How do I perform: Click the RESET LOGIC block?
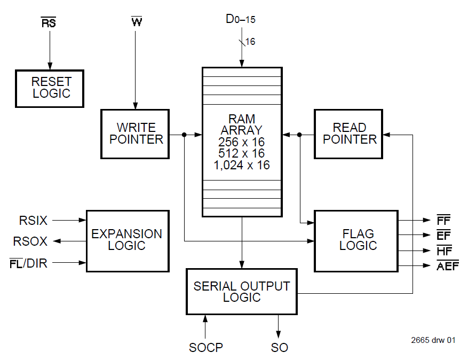(49, 88)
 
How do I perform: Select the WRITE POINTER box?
(135, 134)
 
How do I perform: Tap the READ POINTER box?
(348, 134)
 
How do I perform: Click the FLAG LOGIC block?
(356, 240)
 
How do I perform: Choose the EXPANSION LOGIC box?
(127, 240)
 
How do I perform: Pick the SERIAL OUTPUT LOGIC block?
(242, 292)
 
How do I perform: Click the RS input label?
(49, 24)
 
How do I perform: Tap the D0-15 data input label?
(241, 20)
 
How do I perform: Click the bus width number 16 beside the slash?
(250, 42)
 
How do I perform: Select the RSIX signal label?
(34, 220)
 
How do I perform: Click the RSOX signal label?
(30, 241)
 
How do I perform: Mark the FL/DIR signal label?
(30, 263)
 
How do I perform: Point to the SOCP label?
(205, 348)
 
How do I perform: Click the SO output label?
(279, 348)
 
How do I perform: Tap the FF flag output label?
(443, 220)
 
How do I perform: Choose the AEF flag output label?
(447, 265)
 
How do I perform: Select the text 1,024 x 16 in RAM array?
(242, 165)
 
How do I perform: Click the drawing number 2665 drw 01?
(433, 340)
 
